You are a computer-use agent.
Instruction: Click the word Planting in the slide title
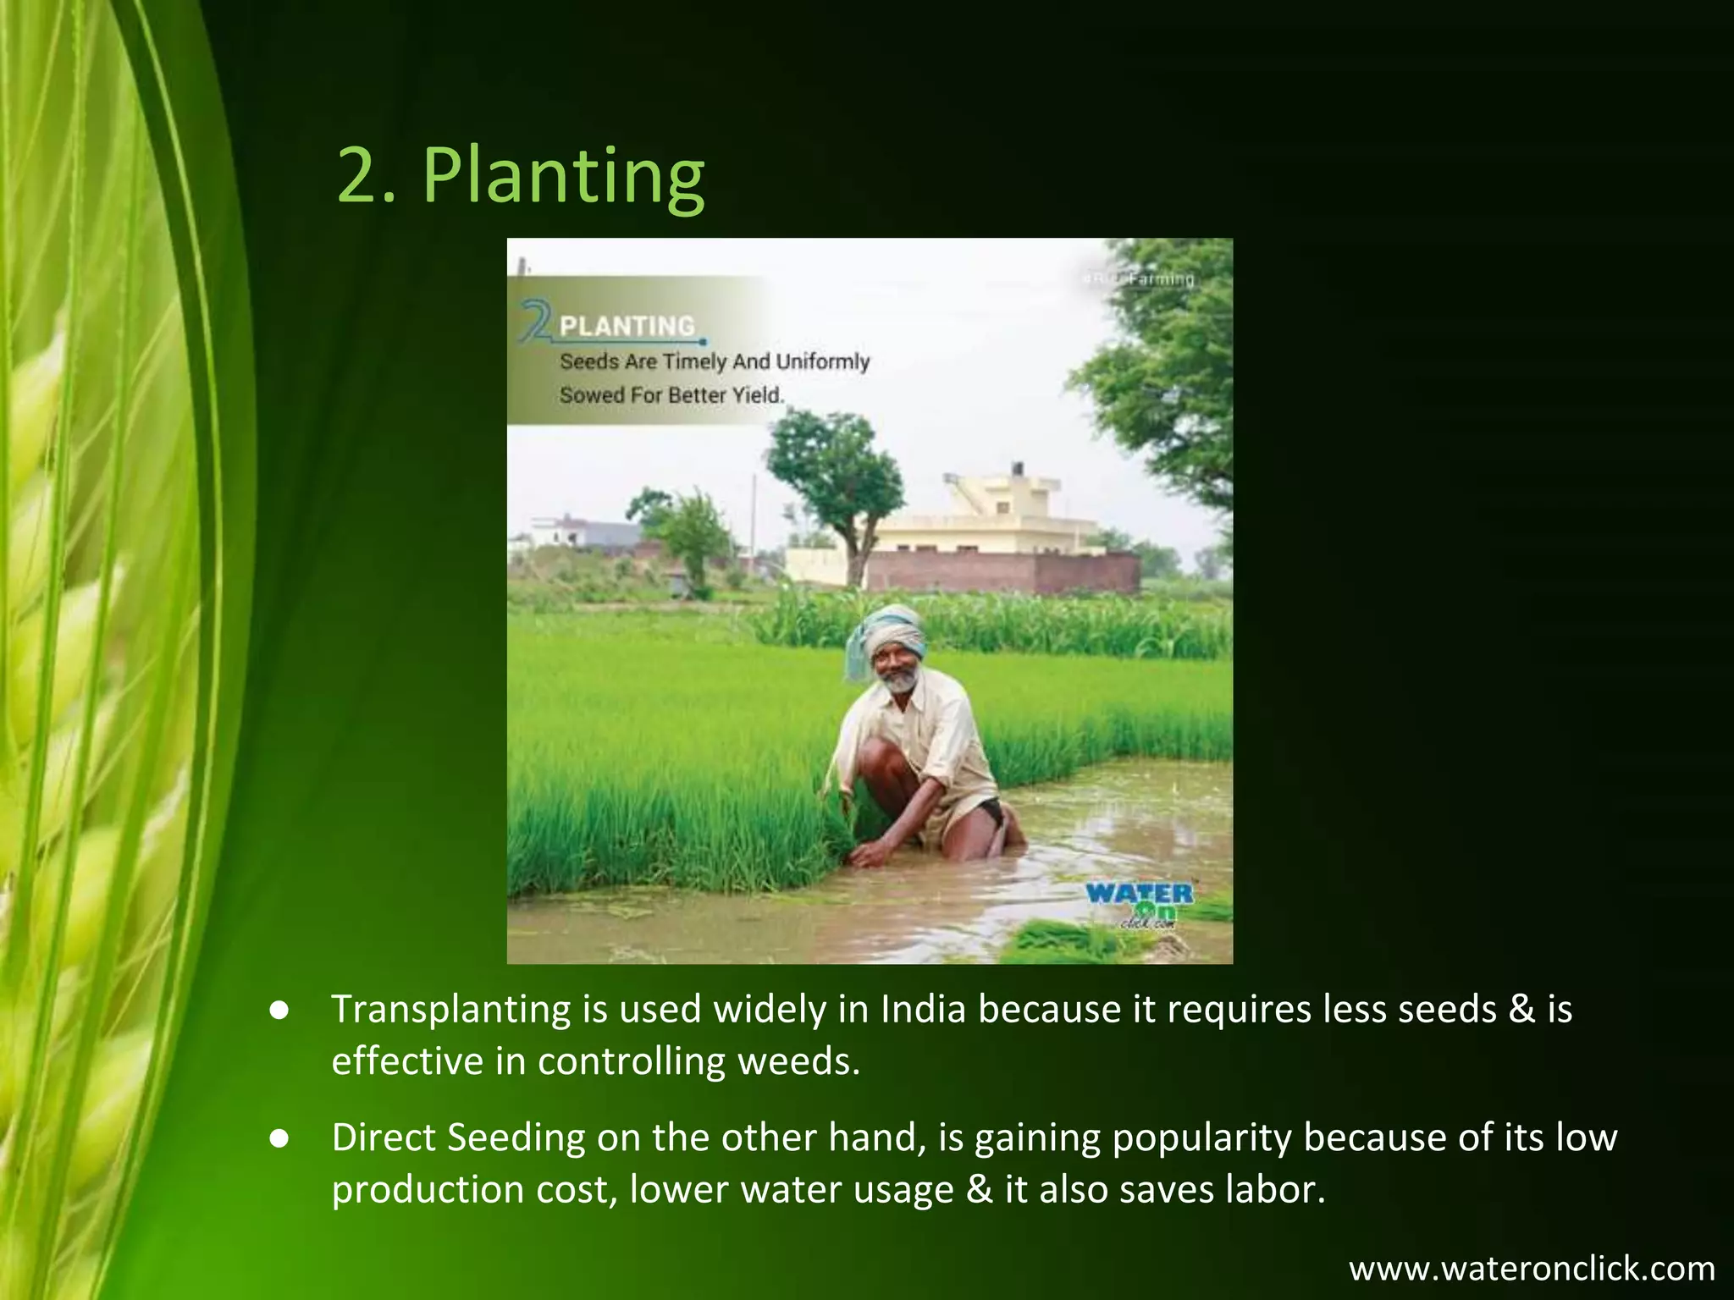[563, 176]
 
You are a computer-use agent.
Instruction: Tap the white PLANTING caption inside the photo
[627, 326]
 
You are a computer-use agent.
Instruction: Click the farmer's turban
[889, 631]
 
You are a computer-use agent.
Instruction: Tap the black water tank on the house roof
[1017, 469]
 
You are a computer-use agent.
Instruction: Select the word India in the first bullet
[923, 1010]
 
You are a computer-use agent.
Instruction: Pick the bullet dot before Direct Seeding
[280, 1139]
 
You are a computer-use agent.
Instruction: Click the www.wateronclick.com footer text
[1532, 1269]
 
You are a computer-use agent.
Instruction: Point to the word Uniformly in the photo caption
[822, 361]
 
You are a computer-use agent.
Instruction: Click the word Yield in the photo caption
[758, 395]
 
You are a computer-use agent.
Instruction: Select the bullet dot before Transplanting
[280, 1011]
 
